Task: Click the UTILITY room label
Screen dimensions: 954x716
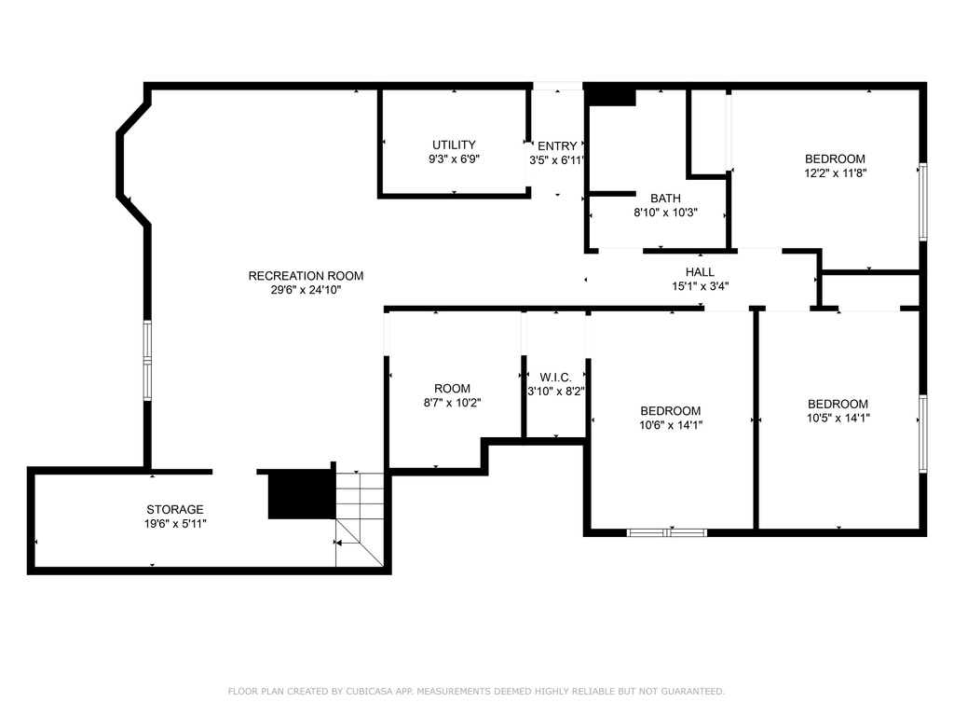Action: (454, 145)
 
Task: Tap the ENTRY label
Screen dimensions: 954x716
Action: (557, 146)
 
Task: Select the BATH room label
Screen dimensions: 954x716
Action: (665, 199)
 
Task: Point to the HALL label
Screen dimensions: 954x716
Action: (700, 272)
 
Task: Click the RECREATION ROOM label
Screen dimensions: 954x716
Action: (306, 276)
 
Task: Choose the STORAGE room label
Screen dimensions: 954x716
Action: (174, 510)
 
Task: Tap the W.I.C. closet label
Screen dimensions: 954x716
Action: (555, 378)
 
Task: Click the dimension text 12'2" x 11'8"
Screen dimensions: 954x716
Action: (836, 172)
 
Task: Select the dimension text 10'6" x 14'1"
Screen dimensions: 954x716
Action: (671, 425)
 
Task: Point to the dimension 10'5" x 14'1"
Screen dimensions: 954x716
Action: (838, 419)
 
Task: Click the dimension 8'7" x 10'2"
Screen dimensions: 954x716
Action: (452, 403)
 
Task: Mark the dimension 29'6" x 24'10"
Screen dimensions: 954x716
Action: (306, 290)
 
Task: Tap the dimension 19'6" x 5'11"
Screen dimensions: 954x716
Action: (175, 524)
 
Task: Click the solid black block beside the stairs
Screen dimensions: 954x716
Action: (302, 494)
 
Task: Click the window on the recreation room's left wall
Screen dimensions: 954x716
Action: (147, 361)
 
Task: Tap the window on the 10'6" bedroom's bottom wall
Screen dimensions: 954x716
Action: (667, 532)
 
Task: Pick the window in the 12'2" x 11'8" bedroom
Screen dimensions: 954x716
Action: (923, 201)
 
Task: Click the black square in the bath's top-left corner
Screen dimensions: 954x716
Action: (611, 97)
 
